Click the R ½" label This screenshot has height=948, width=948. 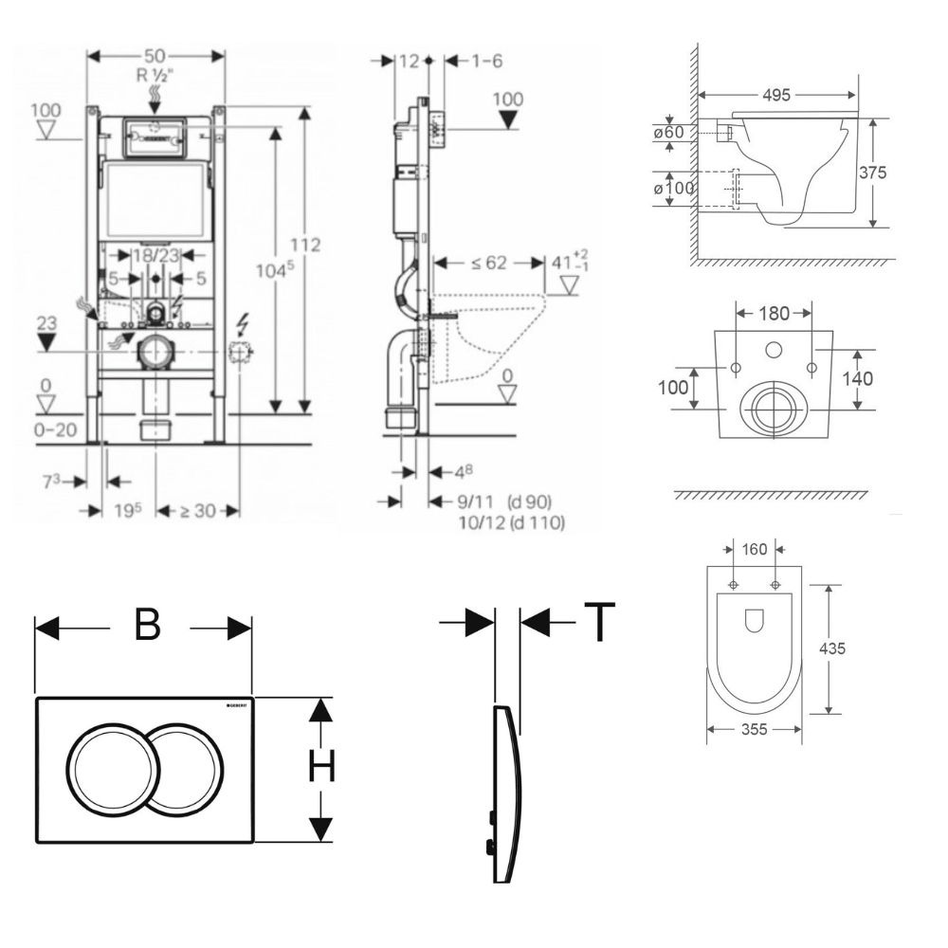156,77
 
